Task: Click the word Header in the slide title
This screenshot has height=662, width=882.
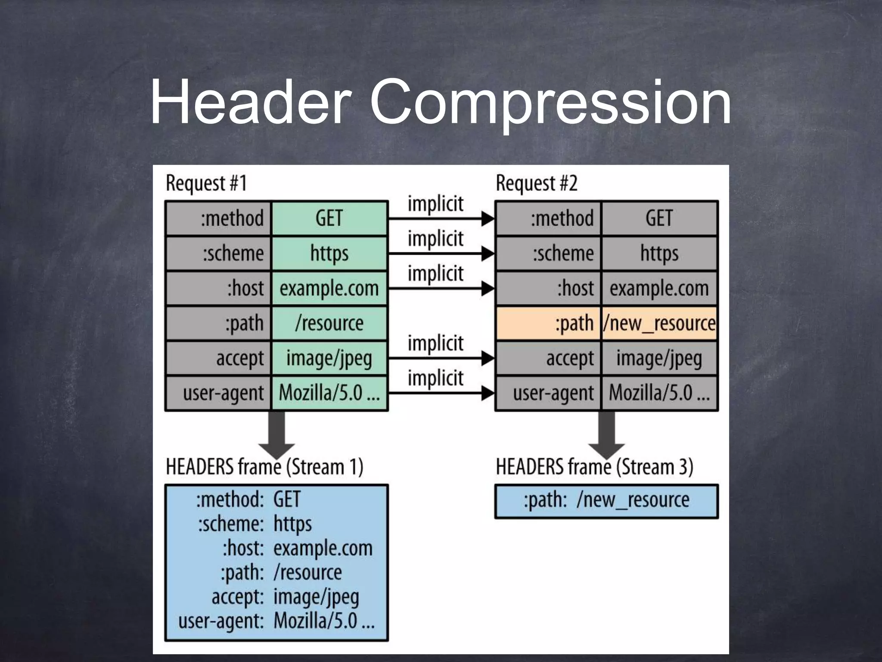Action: tap(250, 103)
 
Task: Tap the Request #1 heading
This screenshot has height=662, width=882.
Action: tap(206, 183)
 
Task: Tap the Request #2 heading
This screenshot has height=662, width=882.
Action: tap(536, 183)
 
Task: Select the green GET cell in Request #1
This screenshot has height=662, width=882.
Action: tap(329, 218)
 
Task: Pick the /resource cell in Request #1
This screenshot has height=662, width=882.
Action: tap(329, 323)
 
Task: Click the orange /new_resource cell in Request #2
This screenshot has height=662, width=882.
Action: tap(659, 323)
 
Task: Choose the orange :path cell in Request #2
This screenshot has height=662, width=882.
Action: tap(548, 323)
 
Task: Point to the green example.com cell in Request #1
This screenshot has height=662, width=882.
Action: tap(329, 288)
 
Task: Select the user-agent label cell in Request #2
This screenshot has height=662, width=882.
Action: tap(548, 393)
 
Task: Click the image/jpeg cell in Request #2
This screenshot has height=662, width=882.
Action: tap(659, 358)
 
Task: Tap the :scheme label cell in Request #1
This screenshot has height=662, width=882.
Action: tap(218, 253)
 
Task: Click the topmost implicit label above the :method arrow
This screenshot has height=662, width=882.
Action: tap(435, 204)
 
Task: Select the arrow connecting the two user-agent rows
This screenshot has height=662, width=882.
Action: tap(441, 393)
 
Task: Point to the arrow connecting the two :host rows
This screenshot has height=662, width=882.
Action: tap(441, 288)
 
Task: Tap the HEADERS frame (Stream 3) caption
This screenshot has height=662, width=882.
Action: tap(594, 467)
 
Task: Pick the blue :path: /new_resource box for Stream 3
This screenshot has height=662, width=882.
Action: tap(606, 501)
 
